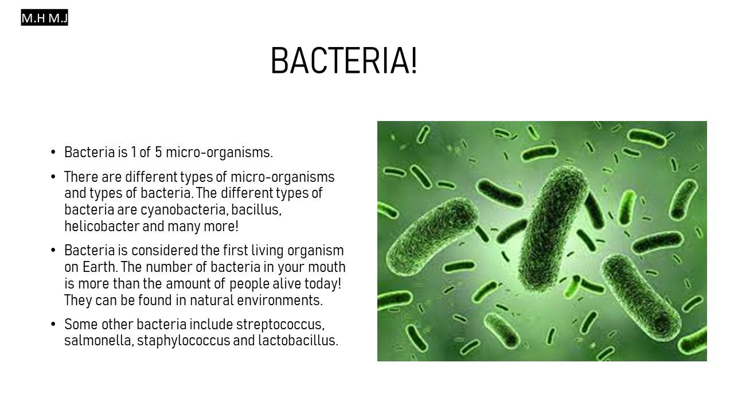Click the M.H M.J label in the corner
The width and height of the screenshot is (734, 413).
45,18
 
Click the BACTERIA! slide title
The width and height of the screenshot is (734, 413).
343,61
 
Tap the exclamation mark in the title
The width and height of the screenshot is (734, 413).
414,61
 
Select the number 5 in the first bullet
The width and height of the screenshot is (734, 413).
158,152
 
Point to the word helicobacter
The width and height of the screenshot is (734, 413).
102,226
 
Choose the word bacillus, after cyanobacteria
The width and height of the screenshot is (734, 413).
256,210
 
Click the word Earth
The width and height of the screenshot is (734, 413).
100,267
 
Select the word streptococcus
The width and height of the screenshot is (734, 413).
280,325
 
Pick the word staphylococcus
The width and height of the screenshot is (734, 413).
183,341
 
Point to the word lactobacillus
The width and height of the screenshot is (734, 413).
298,341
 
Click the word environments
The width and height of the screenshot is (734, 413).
279,300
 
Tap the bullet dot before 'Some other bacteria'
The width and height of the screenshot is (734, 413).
53,325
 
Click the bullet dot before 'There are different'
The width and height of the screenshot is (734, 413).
53,177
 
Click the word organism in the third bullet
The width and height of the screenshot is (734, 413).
315,251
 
